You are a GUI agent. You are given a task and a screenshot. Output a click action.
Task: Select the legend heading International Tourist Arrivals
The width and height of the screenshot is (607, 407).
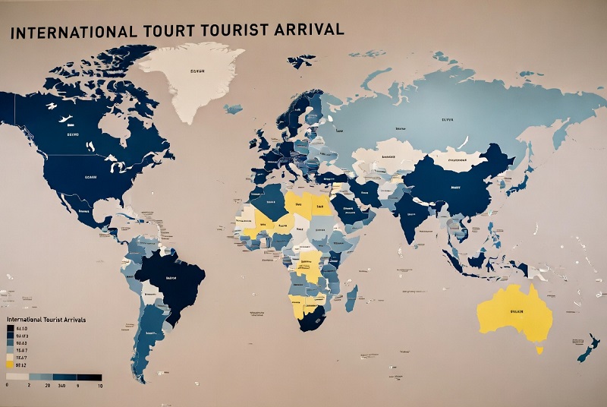pyautogui.click(x=46, y=320)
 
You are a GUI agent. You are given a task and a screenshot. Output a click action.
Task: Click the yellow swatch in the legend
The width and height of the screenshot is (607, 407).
pyautogui.click(x=9, y=365)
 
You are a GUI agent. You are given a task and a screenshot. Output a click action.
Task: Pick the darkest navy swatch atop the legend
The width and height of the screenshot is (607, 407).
pyautogui.click(x=9, y=328)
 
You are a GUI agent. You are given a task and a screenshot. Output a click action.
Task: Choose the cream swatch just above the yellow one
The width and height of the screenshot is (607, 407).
pyautogui.click(x=9, y=356)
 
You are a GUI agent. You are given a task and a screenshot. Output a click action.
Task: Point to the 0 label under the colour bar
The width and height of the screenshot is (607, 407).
pyautogui.click(x=7, y=386)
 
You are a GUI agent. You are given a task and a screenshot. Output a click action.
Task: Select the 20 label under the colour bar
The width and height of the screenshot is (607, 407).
pyautogui.click(x=47, y=386)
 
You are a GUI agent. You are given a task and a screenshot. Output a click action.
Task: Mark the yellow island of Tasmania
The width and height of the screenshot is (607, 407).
pyautogui.click(x=539, y=350)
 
